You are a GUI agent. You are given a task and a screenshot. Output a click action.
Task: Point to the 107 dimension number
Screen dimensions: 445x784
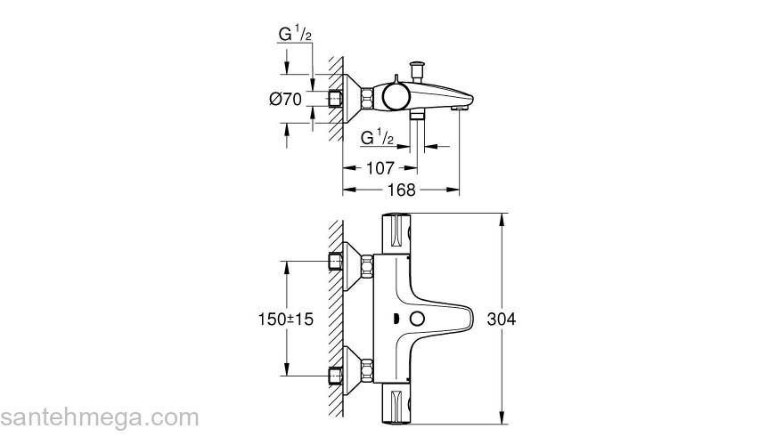[x=379, y=166]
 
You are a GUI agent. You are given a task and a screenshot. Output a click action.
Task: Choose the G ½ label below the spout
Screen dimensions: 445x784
[x=377, y=137]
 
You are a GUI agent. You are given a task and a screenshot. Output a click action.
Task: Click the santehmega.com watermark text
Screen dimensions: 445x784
[x=100, y=417]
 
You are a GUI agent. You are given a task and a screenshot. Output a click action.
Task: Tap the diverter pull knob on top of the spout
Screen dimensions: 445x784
[x=415, y=69]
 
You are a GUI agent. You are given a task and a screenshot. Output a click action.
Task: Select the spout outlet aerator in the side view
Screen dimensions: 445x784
[x=457, y=108]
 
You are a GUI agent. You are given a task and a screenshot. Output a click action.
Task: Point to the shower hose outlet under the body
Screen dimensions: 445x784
[x=416, y=117]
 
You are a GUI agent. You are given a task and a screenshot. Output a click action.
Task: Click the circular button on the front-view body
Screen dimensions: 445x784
[x=415, y=320]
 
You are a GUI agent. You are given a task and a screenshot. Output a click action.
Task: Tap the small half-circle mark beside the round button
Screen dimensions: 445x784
[x=394, y=320]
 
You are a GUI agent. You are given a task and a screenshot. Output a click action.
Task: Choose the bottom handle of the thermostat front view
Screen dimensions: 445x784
[x=396, y=406]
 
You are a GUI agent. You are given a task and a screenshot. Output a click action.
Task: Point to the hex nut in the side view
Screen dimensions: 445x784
[x=337, y=97]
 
